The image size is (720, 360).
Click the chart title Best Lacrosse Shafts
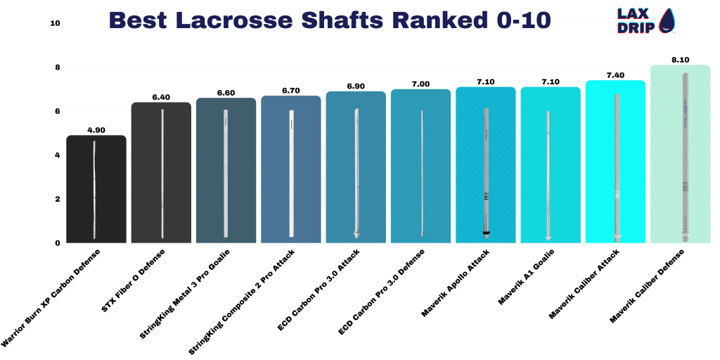point(329,20)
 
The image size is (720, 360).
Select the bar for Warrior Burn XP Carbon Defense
point(96,189)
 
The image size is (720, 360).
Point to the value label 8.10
point(681,60)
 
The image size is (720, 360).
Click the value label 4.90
point(96,130)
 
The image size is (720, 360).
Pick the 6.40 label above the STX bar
point(161,97)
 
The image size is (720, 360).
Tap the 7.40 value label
point(615,75)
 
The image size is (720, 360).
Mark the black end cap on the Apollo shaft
point(486,233)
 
